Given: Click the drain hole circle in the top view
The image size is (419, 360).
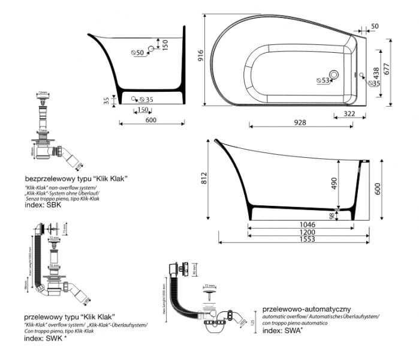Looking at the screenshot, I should coord(334,75).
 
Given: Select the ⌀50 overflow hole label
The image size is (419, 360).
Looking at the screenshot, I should coord(138,53).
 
